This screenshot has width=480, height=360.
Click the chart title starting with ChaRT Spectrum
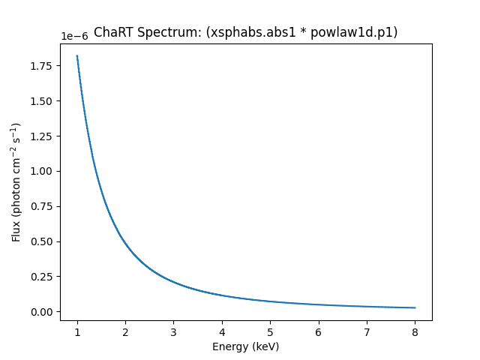click(x=245, y=32)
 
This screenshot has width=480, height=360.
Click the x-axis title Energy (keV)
click(x=245, y=346)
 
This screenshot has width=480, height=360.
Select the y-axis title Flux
click(x=16, y=181)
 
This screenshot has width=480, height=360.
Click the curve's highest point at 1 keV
click(x=77, y=55)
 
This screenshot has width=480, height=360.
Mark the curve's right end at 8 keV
click(x=415, y=307)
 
